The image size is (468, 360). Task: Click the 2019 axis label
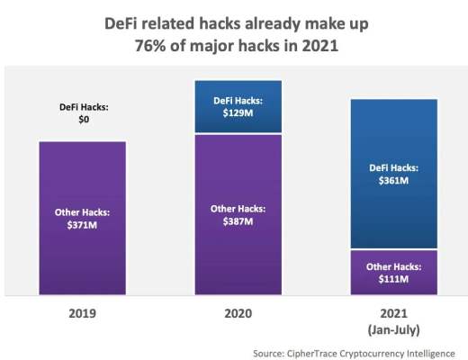82,314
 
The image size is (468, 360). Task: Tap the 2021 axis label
393,314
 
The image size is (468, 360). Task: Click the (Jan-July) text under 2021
393,329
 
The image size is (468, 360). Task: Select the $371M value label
82,224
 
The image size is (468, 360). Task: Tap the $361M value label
393,180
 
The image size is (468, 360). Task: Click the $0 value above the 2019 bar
82,120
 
